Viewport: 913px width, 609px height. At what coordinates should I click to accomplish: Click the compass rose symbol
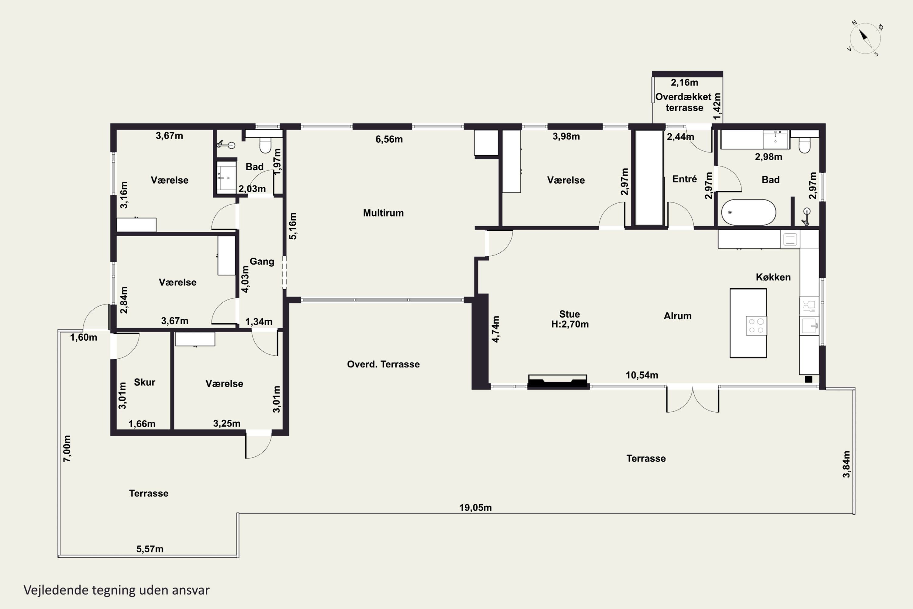coord(865,38)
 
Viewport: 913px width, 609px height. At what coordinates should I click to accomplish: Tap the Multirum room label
coord(383,213)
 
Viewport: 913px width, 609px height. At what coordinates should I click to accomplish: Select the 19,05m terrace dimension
coord(475,507)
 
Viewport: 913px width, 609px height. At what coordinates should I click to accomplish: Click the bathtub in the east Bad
coord(748,213)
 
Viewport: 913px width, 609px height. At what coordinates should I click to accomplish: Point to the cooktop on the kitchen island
coord(756,326)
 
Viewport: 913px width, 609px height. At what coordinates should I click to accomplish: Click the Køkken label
coord(773,277)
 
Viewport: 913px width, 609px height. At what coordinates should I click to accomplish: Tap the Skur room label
coord(144,382)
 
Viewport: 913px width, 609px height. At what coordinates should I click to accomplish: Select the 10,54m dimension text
coord(642,375)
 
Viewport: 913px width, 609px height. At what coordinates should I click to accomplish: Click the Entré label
coord(684,179)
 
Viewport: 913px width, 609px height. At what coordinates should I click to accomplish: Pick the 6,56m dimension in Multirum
coord(389,139)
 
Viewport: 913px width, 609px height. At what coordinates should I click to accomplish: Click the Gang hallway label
coord(262,261)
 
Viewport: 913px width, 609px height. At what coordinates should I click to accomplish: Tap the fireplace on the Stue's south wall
coord(558,382)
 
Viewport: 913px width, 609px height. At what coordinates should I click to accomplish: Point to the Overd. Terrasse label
coord(383,364)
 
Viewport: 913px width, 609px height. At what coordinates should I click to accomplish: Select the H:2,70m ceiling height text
coord(570,324)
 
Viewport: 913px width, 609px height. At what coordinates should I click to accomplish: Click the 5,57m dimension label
coord(150,549)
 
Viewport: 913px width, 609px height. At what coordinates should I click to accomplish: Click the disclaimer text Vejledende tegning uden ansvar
coord(117,590)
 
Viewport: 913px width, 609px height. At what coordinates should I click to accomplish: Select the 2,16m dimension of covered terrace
coord(684,82)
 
